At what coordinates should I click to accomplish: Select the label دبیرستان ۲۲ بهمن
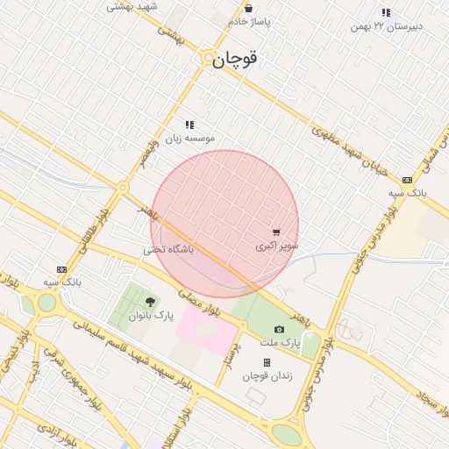386,26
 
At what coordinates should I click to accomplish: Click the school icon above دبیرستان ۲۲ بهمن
386,12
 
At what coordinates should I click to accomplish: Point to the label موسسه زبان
190,138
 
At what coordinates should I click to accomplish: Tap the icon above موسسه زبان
189,125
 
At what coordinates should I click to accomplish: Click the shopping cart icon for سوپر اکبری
277,232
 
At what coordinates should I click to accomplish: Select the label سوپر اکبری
277,246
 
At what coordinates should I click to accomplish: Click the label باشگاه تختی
170,250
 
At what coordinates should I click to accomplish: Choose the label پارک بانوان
151,315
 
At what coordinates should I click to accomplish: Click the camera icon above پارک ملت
279,329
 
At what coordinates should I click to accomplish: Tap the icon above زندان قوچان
267,362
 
